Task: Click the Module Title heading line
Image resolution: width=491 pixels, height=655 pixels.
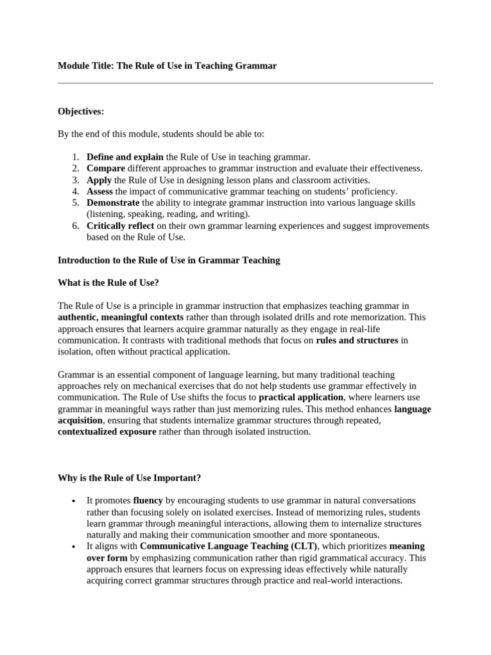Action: tap(168, 66)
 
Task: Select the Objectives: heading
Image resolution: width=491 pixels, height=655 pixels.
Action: tap(81, 111)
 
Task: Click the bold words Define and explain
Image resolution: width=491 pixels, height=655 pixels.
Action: tap(125, 157)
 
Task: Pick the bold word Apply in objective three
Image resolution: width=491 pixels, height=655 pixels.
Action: tap(99, 180)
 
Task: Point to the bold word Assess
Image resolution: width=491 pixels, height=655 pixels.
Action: tap(100, 191)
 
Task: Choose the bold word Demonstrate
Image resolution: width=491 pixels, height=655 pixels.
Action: tap(113, 203)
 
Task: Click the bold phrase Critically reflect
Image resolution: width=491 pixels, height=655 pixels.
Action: tap(120, 226)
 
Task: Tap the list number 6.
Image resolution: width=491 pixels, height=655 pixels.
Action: tap(75, 226)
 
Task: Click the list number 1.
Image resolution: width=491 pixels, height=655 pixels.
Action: tap(75, 157)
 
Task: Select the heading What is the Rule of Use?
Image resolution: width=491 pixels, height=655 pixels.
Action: tap(108, 283)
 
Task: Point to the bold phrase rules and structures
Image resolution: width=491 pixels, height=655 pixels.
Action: tap(357, 340)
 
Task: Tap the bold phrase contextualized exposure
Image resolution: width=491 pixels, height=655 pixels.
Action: tap(107, 432)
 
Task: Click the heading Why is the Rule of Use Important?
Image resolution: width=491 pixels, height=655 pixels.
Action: tap(130, 477)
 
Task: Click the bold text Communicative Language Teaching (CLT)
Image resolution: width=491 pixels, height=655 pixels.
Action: tap(228, 546)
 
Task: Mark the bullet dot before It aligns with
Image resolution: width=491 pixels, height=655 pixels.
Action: tap(75, 547)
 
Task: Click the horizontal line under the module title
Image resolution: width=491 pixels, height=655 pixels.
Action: tap(245, 83)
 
